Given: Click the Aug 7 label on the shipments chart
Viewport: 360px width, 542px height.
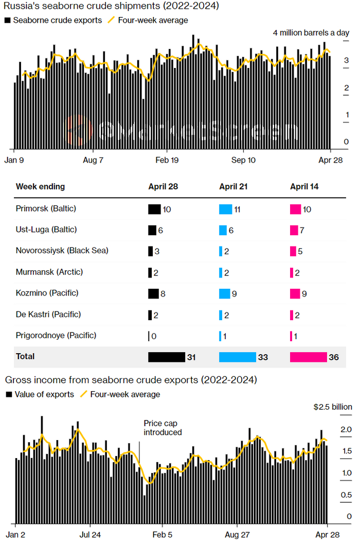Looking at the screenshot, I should (x=93, y=160).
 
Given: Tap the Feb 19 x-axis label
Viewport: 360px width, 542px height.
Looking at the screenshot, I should (x=167, y=160).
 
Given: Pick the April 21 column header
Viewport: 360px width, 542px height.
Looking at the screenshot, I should (x=233, y=186).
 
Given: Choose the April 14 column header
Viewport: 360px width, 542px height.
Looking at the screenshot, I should (x=304, y=186).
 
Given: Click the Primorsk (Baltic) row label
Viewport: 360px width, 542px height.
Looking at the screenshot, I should (x=46, y=208).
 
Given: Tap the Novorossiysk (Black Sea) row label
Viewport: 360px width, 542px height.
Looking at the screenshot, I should (x=62, y=251).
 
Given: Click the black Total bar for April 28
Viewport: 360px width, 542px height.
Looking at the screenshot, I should (x=166, y=357).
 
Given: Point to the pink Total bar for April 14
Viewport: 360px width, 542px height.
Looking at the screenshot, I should (x=308, y=357).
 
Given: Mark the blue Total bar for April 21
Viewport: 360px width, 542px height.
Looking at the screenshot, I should (x=237, y=357).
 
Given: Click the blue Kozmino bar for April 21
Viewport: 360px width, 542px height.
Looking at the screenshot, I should (x=224, y=293).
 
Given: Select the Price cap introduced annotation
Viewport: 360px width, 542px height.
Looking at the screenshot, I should (x=163, y=428).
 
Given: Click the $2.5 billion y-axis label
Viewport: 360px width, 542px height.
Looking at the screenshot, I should (x=333, y=407).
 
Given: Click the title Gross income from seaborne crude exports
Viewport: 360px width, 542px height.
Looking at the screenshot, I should (x=131, y=380).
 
